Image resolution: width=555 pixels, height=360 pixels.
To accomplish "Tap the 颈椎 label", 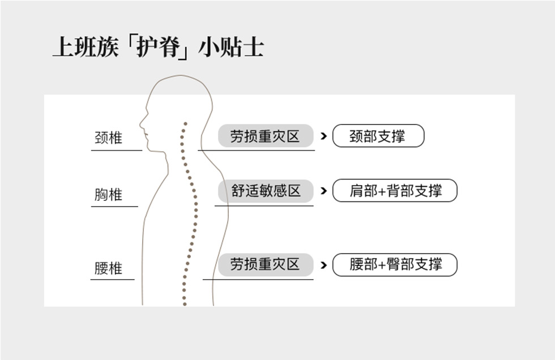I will [108, 138].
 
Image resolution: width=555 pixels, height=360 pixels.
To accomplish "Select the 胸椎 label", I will [108, 195].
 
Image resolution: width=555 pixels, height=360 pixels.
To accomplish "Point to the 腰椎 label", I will [108, 268].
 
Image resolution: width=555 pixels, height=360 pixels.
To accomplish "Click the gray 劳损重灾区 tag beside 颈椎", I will [265, 136].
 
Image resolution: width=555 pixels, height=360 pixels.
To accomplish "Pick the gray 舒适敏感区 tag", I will [266, 191].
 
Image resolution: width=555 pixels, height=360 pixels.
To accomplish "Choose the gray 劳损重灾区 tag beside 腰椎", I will [265, 264].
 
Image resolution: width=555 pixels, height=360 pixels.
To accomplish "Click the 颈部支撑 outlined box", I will [378, 136].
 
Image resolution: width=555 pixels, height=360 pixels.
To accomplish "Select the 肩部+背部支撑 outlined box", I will [395, 191].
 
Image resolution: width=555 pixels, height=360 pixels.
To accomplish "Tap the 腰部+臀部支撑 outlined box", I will [395, 264].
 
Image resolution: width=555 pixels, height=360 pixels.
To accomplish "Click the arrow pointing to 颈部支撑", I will [323, 136].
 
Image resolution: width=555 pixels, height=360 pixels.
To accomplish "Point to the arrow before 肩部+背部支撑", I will [323, 191].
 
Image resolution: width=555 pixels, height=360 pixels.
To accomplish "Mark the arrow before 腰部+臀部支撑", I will [323, 264].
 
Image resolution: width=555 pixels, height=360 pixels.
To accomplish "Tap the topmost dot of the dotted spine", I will [185, 123].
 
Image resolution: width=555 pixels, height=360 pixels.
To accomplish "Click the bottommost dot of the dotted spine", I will [184, 304].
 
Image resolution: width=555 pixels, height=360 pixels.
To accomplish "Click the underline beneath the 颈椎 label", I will [116, 151].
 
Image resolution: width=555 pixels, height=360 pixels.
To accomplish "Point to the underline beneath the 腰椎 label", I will [113, 279].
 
